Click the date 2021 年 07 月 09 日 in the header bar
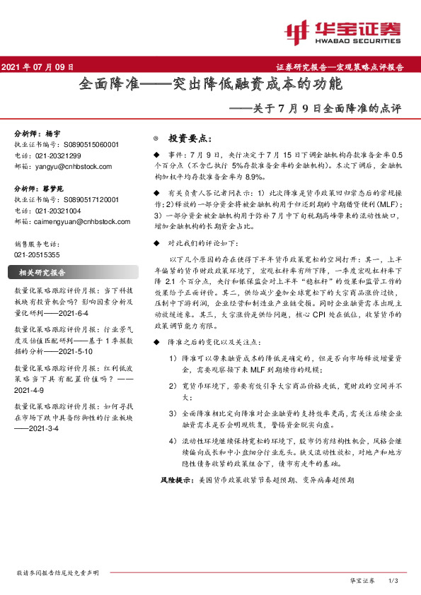point(39,67)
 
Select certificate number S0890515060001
point(84,144)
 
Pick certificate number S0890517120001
point(84,200)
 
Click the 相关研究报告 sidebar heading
point(42,273)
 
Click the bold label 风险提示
point(173,499)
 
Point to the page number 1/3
point(394,580)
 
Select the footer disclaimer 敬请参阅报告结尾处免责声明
point(57,572)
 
